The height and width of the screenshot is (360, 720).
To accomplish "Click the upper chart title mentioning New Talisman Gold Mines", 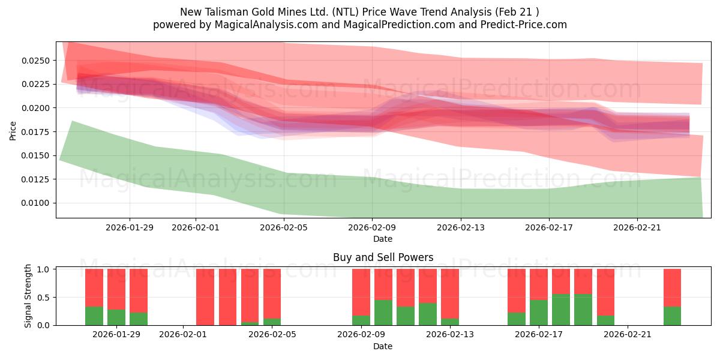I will click(x=359, y=12).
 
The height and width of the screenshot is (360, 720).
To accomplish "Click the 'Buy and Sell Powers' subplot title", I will click(x=383, y=257).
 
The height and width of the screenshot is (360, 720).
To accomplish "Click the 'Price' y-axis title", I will click(x=13, y=130).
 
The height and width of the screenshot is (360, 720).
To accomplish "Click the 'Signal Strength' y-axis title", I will click(x=28, y=296).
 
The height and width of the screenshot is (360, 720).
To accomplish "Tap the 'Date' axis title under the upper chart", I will click(x=383, y=239).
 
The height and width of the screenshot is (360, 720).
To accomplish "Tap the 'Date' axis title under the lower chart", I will click(x=383, y=346).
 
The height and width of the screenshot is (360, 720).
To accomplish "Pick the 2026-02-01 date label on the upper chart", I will click(x=196, y=227).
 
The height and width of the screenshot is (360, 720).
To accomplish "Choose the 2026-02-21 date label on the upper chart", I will click(x=637, y=227).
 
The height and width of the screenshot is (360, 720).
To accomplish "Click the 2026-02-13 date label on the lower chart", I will click(x=450, y=335).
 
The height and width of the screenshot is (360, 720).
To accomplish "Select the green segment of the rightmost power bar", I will click(x=672, y=316).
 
